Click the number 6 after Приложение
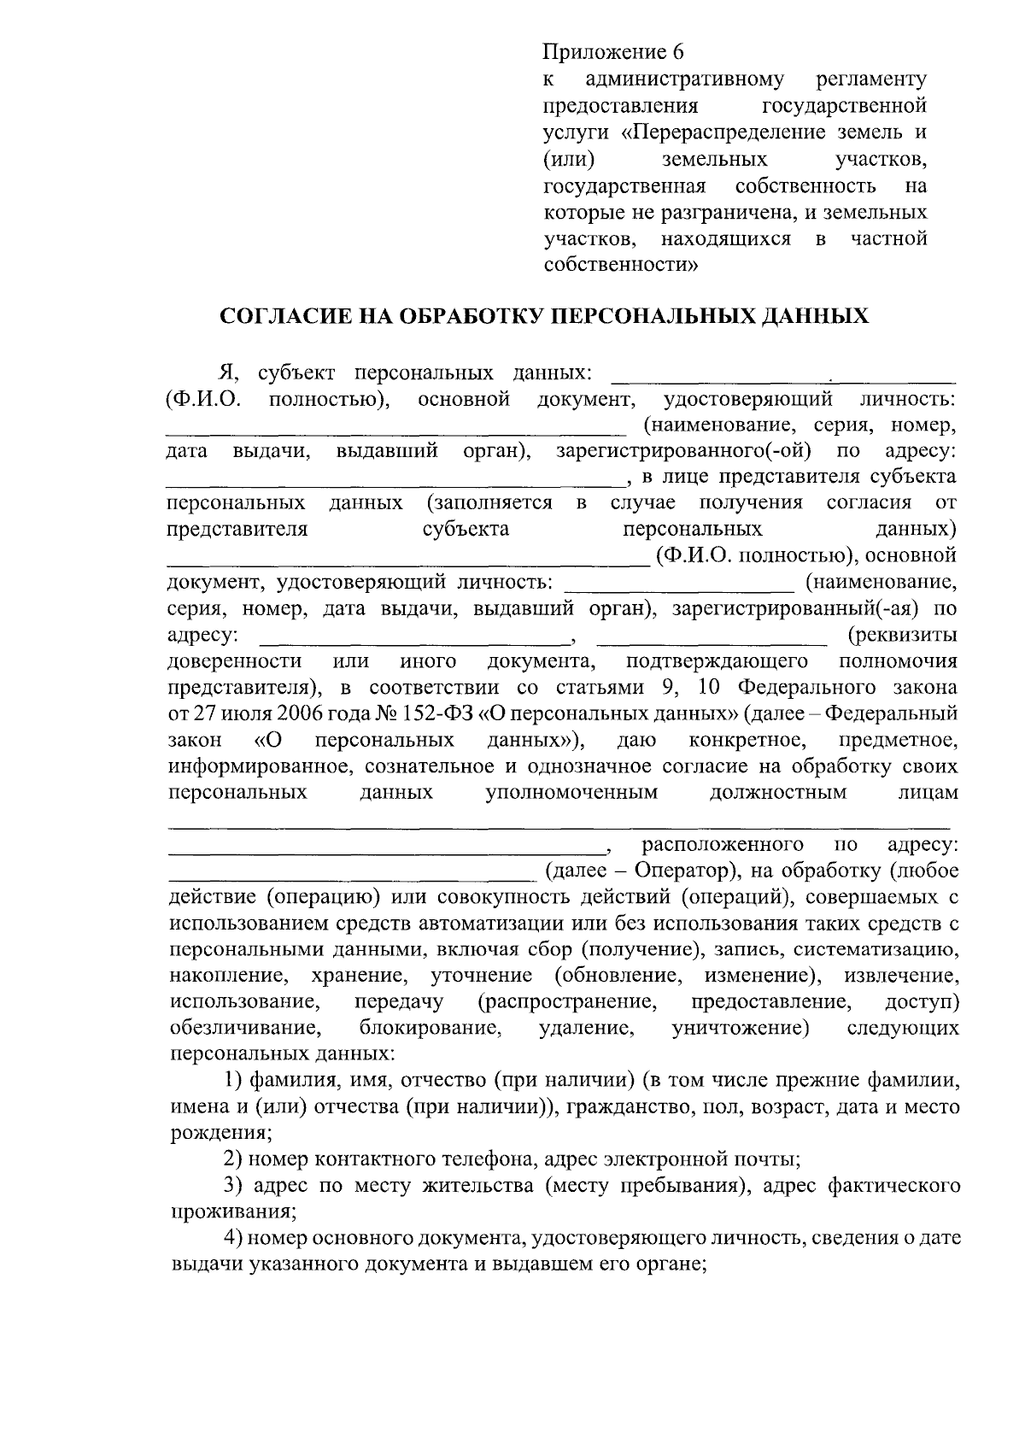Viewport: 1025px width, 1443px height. [x=677, y=52]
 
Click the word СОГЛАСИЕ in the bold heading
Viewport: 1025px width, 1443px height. [x=281, y=317]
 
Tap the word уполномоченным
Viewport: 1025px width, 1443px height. [x=571, y=792]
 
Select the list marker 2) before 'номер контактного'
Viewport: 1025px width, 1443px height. [x=233, y=1159]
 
